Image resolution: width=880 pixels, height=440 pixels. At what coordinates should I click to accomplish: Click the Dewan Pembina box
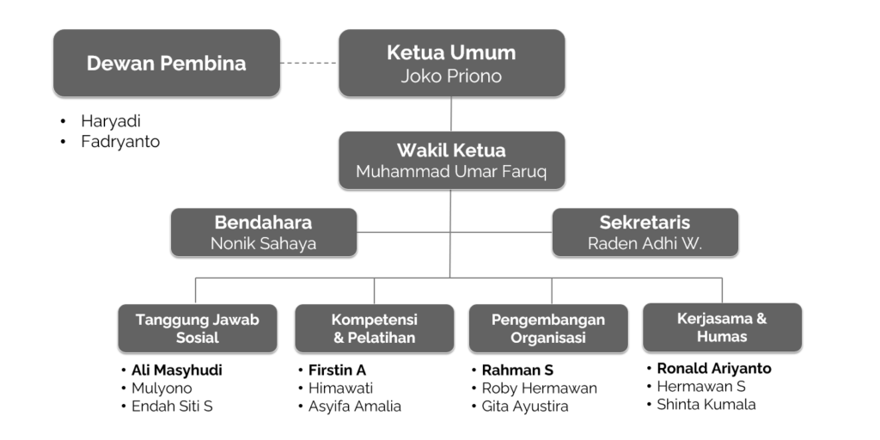(166, 63)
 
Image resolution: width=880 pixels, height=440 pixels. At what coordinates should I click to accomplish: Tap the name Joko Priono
(451, 76)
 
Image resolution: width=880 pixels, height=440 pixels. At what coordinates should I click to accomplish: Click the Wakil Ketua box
(451, 160)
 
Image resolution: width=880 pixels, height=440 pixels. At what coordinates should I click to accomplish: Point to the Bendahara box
(263, 232)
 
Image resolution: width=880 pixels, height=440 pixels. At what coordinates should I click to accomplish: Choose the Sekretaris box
(645, 232)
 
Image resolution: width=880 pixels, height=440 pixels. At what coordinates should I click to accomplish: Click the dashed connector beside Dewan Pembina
(309, 63)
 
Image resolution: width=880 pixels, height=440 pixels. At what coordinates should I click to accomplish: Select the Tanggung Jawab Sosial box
(197, 328)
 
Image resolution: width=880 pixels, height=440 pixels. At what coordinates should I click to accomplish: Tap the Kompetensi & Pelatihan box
(374, 328)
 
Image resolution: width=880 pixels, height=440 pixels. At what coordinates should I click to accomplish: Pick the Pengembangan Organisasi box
(547, 328)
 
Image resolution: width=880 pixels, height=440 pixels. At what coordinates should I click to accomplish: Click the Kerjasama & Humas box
(722, 327)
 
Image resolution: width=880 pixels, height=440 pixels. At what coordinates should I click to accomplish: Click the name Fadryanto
(120, 142)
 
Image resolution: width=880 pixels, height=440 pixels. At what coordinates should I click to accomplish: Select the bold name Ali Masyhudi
(176, 370)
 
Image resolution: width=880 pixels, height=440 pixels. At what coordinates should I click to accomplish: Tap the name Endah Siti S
(172, 406)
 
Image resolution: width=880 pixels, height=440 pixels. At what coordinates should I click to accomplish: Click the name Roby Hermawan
(539, 388)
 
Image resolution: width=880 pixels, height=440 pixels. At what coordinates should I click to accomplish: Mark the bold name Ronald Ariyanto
(714, 369)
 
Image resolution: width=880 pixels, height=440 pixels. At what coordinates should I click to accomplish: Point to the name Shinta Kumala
(706, 404)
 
